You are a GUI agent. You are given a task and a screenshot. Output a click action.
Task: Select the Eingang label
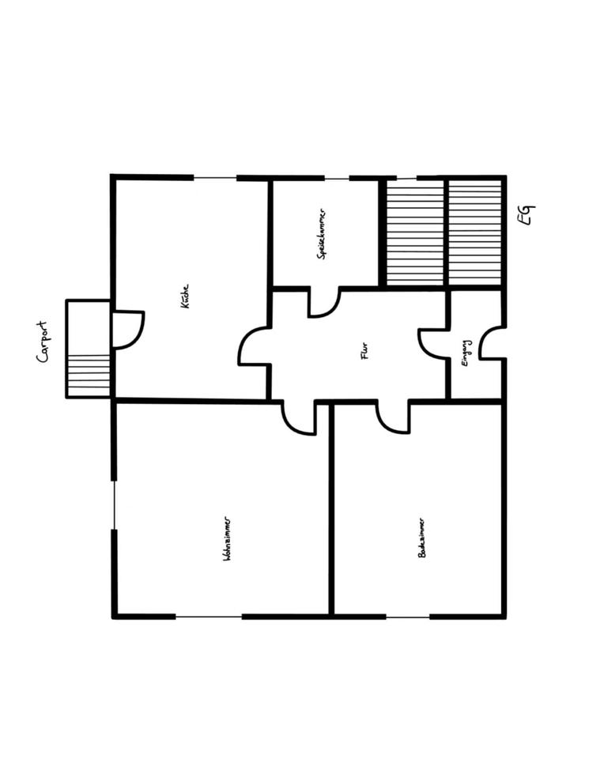click(x=466, y=353)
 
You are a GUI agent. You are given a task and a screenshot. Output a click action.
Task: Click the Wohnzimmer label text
click(x=227, y=540)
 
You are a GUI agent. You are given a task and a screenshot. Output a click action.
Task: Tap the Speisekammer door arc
click(x=323, y=303)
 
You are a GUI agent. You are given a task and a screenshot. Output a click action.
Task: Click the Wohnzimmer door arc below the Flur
click(x=299, y=419)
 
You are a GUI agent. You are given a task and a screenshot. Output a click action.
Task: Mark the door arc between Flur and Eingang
click(x=433, y=342)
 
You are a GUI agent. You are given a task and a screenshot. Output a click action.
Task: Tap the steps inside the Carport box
click(x=88, y=375)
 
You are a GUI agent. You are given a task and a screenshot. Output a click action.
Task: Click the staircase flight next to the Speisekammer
click(x=415, y=233)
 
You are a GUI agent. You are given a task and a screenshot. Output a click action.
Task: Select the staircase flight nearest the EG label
click(x=475, y=233)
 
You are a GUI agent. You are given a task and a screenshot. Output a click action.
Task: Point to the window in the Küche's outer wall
click(x=215, y=178)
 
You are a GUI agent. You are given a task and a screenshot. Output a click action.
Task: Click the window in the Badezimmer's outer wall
click(x=408, y=616)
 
